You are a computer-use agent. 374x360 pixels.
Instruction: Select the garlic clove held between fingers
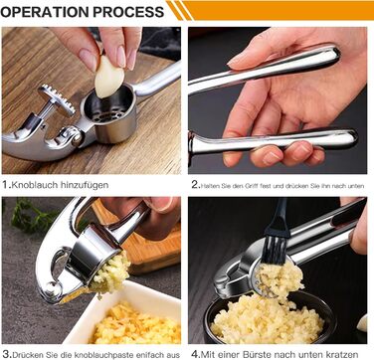tap(109, 76)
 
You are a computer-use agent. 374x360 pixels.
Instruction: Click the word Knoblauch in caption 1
tap(41, 184)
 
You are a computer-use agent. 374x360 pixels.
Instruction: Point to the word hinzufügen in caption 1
tap(100, 184)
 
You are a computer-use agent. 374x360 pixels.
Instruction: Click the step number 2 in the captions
tap(194, 184)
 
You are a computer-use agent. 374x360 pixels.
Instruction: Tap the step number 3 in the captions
tap(6, 352)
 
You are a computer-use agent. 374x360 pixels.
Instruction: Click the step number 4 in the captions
tap(194, 352)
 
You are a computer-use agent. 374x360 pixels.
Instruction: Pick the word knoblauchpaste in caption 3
tap(93, 352)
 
